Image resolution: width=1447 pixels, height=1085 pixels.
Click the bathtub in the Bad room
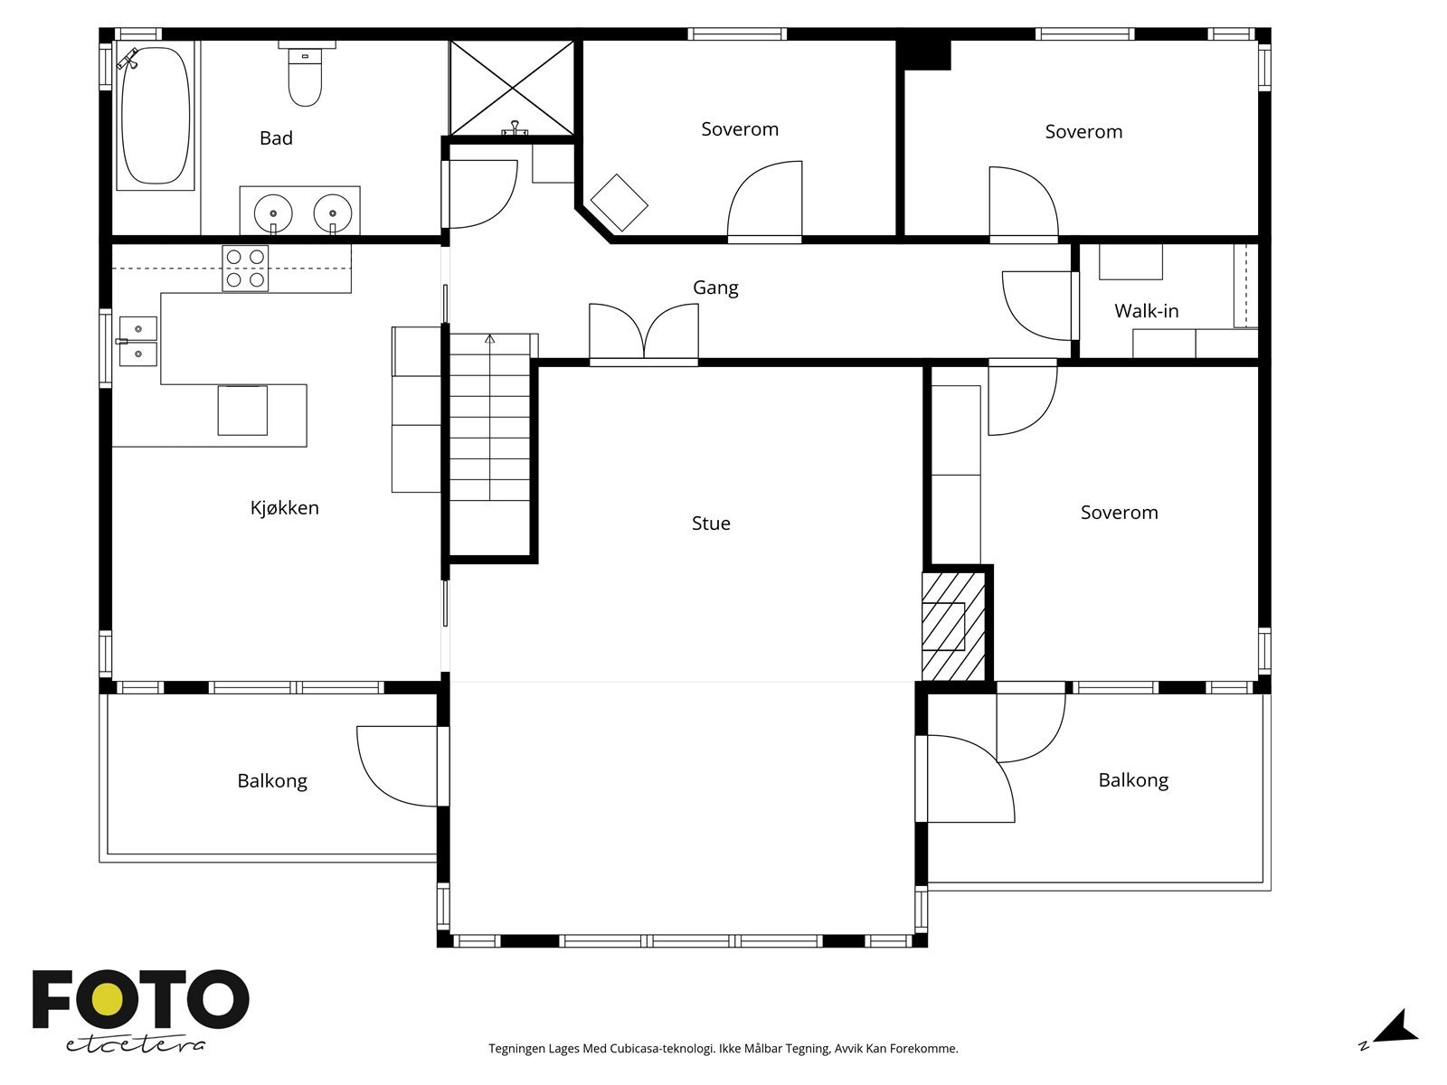(x=156, y=116)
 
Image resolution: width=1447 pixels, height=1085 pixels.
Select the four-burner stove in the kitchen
(x=245, y=269)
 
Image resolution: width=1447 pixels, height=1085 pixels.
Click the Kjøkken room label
(x=285, y=508)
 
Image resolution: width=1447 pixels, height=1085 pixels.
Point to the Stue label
(x=711, y=524)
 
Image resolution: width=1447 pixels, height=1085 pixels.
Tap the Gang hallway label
(x=715, y=288)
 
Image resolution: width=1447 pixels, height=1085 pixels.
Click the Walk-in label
(x=1147, y=311)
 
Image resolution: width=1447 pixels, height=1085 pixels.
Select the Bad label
(x=276, y=137)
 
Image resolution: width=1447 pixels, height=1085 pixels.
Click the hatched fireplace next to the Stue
(x=953, y=626)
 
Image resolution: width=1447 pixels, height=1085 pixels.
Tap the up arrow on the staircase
(x=490, y=338)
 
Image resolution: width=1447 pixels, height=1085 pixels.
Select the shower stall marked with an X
(x=512, y=89)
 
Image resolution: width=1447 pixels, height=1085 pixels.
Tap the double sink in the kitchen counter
(x=137, y=341)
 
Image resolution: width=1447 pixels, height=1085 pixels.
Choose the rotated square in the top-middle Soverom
(x=619, y=203)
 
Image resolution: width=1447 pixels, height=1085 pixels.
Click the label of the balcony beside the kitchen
(x=272, y=780)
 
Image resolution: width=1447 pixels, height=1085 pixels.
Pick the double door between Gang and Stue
(x=643, y=333)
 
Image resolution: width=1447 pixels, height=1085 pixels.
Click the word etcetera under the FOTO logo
(x=135, y=1045)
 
